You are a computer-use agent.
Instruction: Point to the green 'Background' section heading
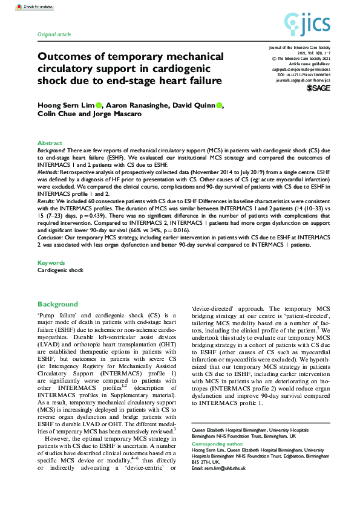pyautogui.click(x=57, y=304)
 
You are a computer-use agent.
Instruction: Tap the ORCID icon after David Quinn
pyautogui.click(x=218, y=105)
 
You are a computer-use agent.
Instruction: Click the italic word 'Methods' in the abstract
pyautogui.click(x=50, y=172)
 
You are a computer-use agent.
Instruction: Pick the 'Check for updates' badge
pyautogui.click(x=38, y=7)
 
